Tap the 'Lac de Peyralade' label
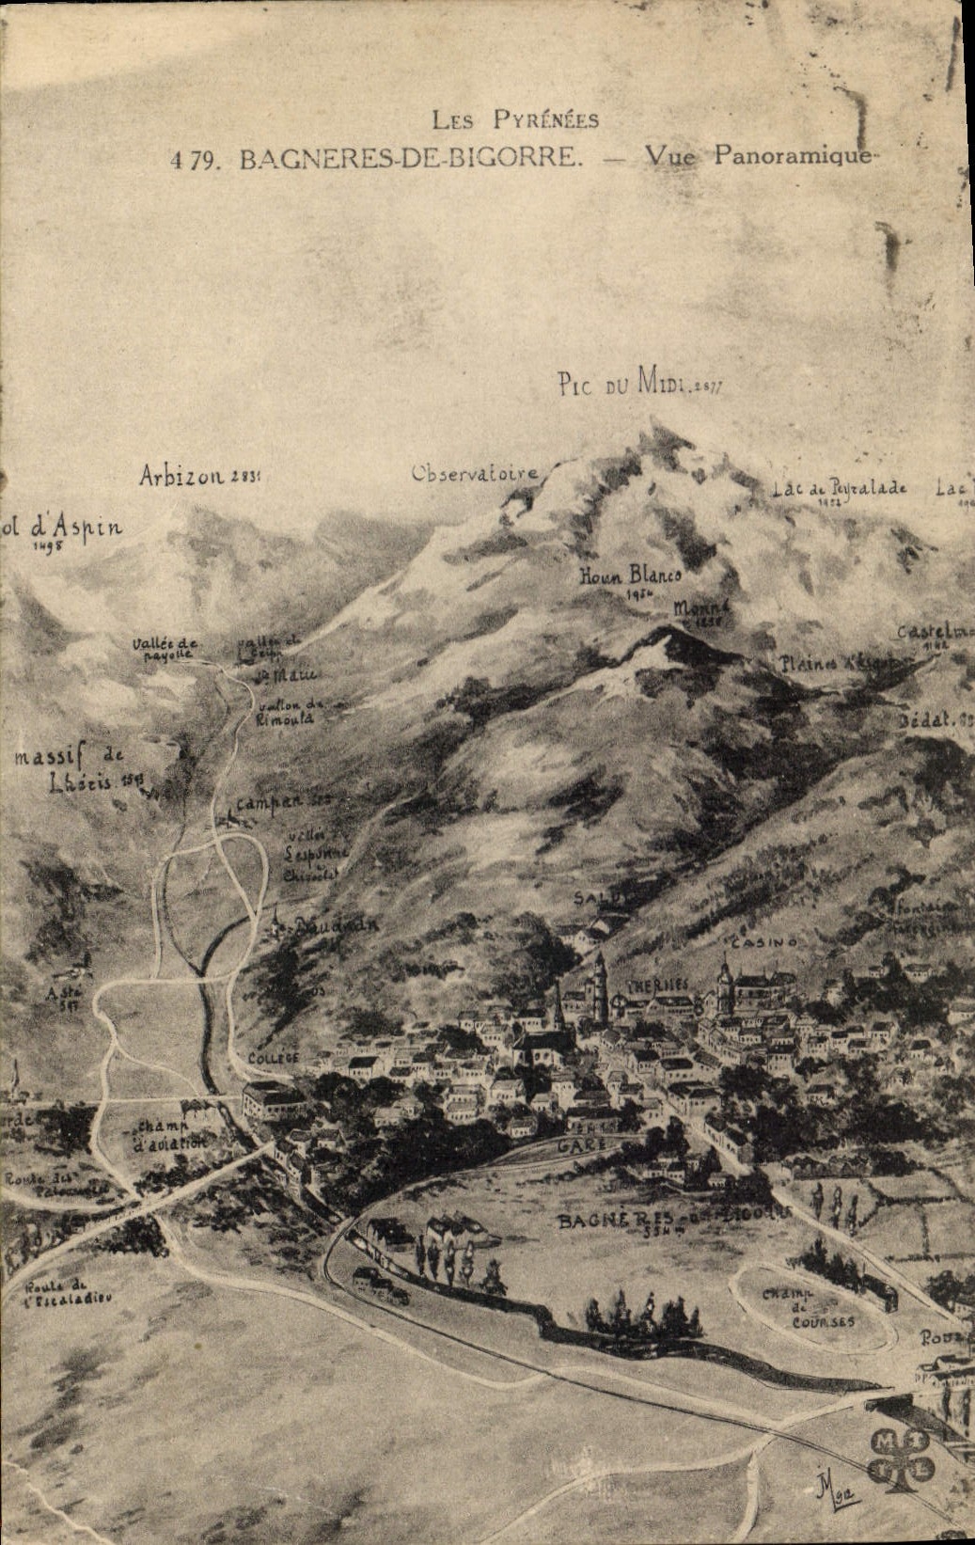(840, 489)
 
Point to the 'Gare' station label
(579, 1145)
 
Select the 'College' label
(274, 1058)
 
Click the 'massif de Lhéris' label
(71, 767)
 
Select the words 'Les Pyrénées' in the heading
(515, 119)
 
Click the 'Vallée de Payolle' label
(165, 647)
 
